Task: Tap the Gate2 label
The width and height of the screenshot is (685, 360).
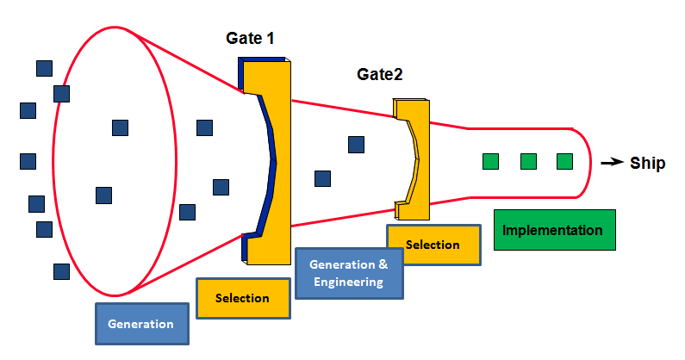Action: pyautogui.click(x=380, y=74)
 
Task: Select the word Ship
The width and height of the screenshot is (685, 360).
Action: pyautogui.click(x=647, y=163)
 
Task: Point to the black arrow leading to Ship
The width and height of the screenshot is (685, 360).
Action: pyautogui.click(x=611, y=162)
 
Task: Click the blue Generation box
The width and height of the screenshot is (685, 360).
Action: pyautogui.click(x=140, y=324)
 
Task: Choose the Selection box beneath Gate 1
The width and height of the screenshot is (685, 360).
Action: pyautogui.click(x=242, y=298)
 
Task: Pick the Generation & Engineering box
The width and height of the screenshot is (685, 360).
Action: pyautogui.click(x=348, y=272)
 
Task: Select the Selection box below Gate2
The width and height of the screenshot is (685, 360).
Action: pyautogui.click(x=433, y=245)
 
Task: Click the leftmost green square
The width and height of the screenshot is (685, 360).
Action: pyautogui.click(x=490, y=161)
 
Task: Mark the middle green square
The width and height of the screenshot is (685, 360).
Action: pyautogui.click(x=529, y=161)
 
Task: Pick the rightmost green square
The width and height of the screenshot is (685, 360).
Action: pyautogui.click(x=564, y=161)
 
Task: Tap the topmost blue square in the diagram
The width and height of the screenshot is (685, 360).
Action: pyautogui.click(x=43, y=67)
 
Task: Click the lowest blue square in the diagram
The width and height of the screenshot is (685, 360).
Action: pyautogui.click(x=61, y=271)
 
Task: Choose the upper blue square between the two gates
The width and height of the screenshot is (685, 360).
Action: pyautogui.click(x=356, y=145)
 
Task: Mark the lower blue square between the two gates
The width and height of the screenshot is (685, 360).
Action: pyautogui.click(x=322, y=178)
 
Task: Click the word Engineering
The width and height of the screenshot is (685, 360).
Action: pyautogui.click(x=348, y=282)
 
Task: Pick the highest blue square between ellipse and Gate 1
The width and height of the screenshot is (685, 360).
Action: pyautogui.click(x=204, y=128)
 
